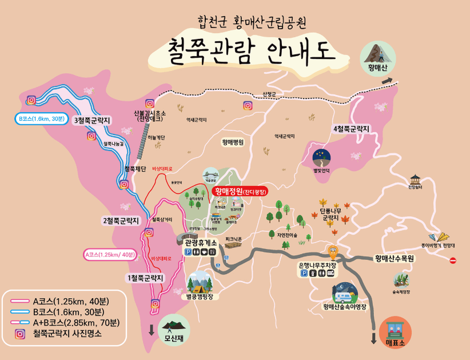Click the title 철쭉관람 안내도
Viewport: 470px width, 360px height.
[x=251, y=51]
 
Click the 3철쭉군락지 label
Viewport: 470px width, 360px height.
[x=92, y=120]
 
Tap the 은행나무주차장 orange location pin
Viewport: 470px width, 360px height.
[x=333, y=252]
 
